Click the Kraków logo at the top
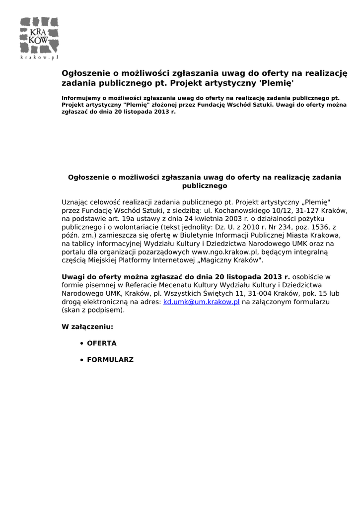tap(39, 35)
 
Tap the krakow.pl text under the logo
tap(39, 58)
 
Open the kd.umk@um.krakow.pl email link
tap(202, 302)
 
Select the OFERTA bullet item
tap(102, 343)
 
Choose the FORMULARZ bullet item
tap(110, 360)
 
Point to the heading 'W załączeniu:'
tap(87, 327)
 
